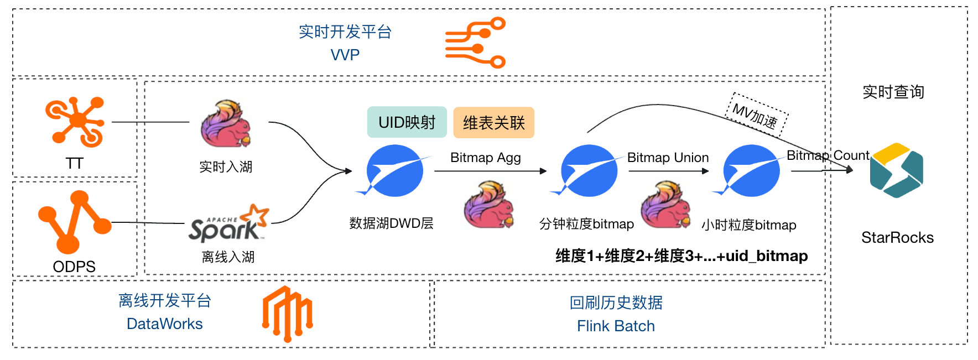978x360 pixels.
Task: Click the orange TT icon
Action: pyautogui.click(x=75, y=122)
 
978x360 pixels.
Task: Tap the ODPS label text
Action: pyautogui.click(x=74, y=267)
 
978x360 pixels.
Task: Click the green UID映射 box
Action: pyautogui.click(x=407, y=122)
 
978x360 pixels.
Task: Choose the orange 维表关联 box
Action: pyautogui.click(x=493, y=123)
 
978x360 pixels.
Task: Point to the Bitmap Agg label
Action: pyautogui.click(x=485, y=158)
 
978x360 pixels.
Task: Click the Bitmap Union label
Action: pyautogui.click(x=668, y=158)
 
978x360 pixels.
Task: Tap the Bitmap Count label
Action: pyautogui.click(x=828, y=155)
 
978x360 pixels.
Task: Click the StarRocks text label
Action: pyautogui.click(x=897, y=238)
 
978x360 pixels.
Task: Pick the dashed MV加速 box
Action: pyautogui.click(x=756, y=115)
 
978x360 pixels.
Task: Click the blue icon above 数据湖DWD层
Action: pyautogui.click(x=394, y=170)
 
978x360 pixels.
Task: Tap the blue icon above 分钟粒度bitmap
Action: pyautogui.click(x=588, y=170)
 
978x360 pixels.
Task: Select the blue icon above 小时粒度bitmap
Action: pyautogui.click(x=751, y=170)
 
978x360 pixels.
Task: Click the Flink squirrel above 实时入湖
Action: pyautogui.click(x=226, y=124)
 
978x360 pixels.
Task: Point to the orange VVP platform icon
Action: pyautogui.click(x=475, y=43)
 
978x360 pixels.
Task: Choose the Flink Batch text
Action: pyautogui.click(x=616, y=326)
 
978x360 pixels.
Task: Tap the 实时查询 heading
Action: pyautogui.click(x=893, y=92)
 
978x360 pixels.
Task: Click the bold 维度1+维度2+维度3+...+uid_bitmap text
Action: pyautogui.click(x=682, y=256)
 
